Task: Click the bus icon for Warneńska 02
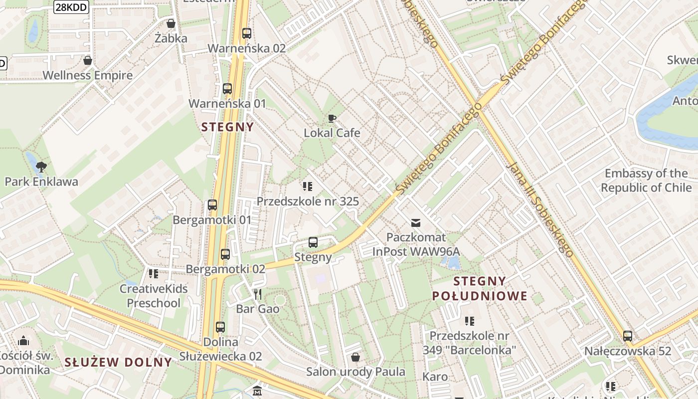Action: click(246, 33)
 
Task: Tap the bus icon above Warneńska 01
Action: click(227, 89)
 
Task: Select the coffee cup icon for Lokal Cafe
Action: click(332, 118)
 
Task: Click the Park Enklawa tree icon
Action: click(41, 167)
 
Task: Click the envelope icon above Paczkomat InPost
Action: click(416, 222)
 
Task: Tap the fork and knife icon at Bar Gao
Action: click(257, 294)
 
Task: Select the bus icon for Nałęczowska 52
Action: click(628, 336)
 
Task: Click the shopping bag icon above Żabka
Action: click(171, 23)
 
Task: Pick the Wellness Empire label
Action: click(88, 75)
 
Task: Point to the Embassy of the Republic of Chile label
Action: click(646, 181)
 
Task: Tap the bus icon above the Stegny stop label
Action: click(313, 242)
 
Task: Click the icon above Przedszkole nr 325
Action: click(308, 187)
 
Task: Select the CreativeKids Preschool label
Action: click(154, 296)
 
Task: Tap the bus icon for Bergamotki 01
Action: click(212, 205)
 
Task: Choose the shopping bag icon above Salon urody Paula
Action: click(355, 357)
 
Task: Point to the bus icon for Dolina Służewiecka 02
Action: click(220, 327)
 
